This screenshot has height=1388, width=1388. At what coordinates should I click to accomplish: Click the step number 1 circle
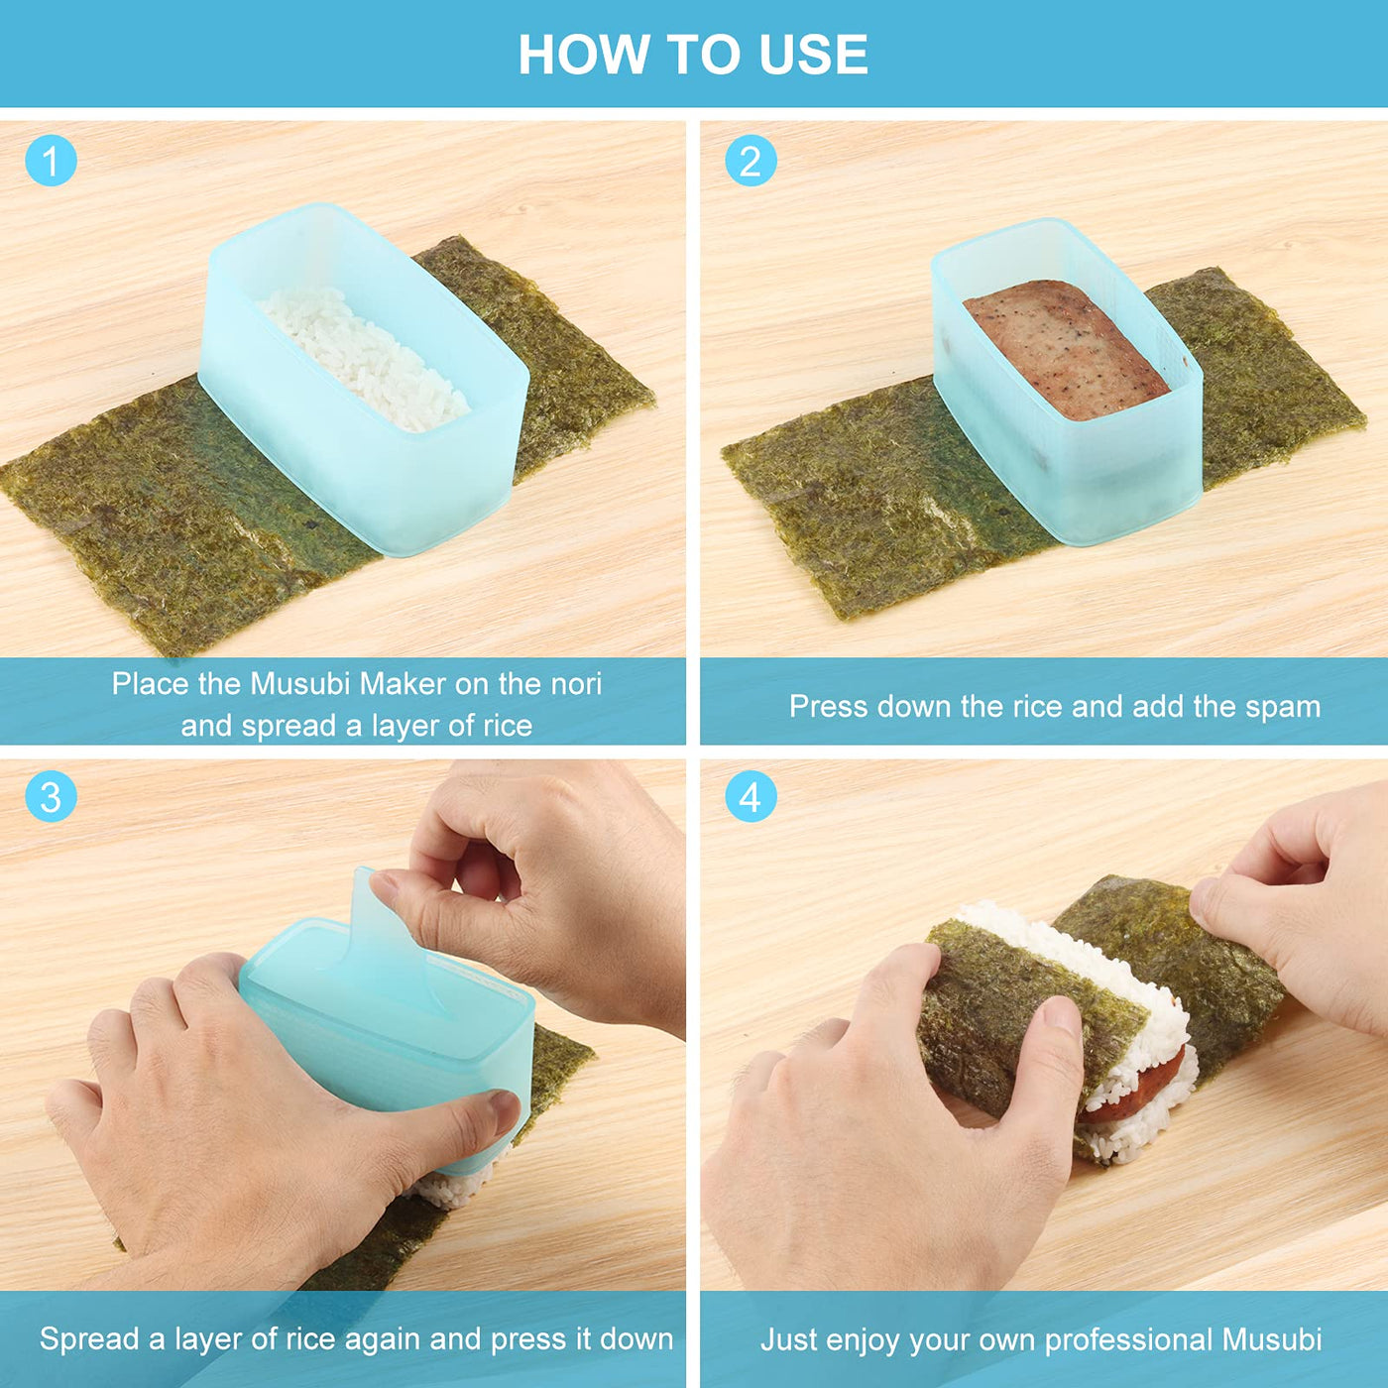pos(51,162)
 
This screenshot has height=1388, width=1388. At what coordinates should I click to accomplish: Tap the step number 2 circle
pos(751,162)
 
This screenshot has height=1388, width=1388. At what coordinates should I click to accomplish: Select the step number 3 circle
pos(51,797)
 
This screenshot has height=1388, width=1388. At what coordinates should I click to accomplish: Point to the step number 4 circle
pos(751,797)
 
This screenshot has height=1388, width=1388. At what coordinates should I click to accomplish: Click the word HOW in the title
pos(583,55)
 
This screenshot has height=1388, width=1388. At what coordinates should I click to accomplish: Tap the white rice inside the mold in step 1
pos(365,359)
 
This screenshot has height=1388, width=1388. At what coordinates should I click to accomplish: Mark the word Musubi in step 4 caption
pos(1272,1339)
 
